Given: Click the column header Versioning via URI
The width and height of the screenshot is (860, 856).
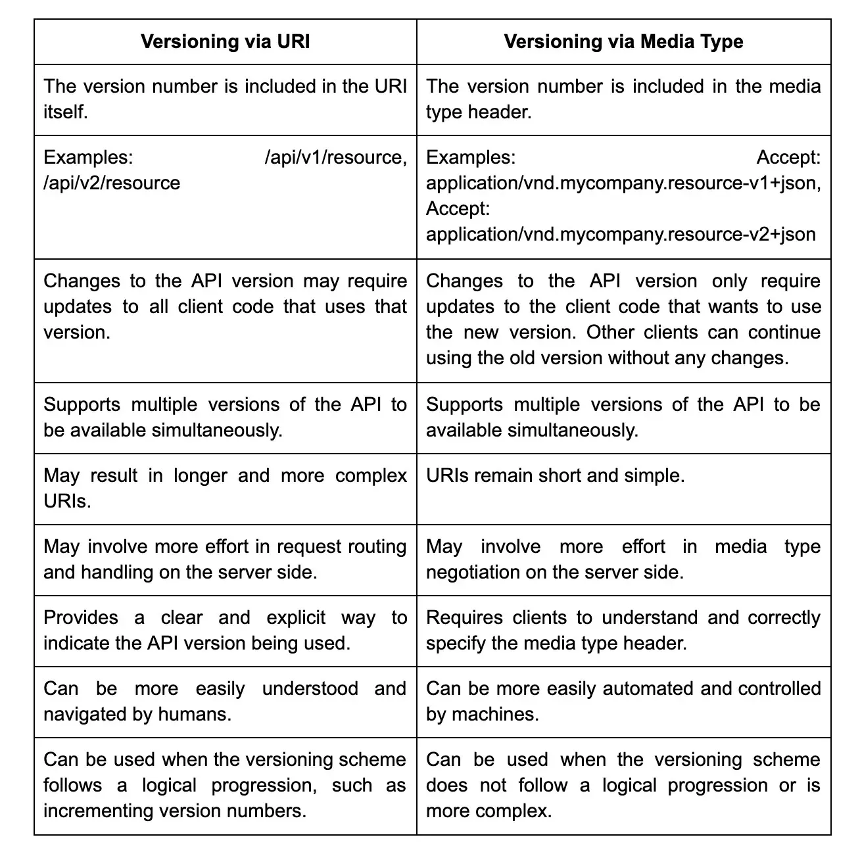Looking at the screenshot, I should (x=225, y=42).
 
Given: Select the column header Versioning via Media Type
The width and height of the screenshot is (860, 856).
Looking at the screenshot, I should (x=623, y=42).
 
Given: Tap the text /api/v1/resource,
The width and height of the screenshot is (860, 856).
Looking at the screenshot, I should (x=335, y=158).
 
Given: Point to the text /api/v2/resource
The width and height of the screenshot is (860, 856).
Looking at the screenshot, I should (x=112, y=183).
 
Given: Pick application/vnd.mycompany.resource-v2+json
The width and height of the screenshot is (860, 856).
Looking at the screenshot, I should (x=621, y=234).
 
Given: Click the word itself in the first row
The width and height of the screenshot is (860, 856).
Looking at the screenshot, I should (x=65, y=112).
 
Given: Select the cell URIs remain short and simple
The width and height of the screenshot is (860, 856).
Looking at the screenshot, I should (x=556, y=476).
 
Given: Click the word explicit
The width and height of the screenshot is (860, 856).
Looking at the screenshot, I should (x=296, y=618).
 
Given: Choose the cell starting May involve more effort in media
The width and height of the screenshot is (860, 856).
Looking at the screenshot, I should (x=623, y=559).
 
